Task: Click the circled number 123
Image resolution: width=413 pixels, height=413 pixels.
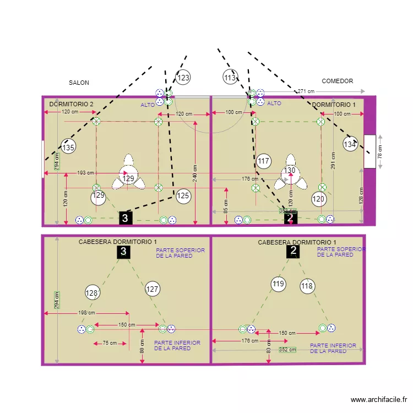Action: click(183, 78)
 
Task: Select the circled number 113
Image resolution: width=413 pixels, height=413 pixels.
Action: click(230, 78)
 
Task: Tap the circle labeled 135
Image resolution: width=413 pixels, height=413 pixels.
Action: click(68, 147)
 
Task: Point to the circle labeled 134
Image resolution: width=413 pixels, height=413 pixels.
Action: click(350, 144)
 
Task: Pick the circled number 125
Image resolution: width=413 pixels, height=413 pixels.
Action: click(183, 195)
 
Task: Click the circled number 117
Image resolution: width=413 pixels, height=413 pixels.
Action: click(264, 161)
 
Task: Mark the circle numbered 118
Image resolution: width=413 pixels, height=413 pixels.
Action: click(307, 286)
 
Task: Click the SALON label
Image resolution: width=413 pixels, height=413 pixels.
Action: click(79, 83)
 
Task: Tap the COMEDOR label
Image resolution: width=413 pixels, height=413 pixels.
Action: click(337, 81)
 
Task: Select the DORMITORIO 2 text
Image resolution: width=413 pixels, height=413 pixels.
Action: click(71, 104)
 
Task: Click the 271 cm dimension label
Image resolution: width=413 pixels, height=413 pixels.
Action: click(306, 91)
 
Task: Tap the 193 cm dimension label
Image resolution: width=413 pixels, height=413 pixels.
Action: click(85, 173)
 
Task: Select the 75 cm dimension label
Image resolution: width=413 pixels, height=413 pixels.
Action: click(110, 343)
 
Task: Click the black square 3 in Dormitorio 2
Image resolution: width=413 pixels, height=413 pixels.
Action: click(126, 218)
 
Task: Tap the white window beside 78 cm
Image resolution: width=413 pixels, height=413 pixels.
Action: click(368, 150)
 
